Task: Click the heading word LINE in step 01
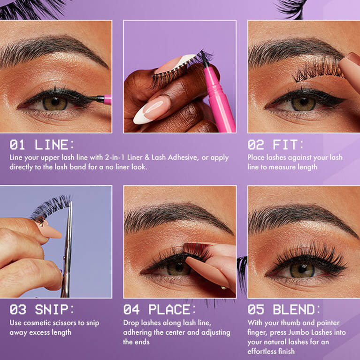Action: tap(52, 145)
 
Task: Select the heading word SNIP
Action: tap(52, 309)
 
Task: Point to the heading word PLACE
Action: tap(169, 309)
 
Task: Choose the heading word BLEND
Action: tap(294, 309)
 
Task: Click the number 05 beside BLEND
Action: tap(256, 309)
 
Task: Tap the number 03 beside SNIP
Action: tap(18, 309)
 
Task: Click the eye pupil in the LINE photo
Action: tap(55, 102)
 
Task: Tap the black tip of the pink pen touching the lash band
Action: tap(204, 58)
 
